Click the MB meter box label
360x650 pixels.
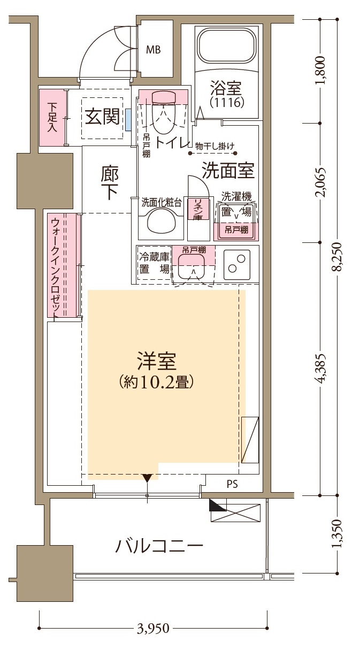click(x=154, y=50)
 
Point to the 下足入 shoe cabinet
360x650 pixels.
click(x=52, y=117)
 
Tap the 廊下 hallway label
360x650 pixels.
click(x=109, y=182)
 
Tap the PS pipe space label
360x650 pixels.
click(x=232, y=485)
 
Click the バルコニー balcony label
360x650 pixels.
click(x=159, y=546)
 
